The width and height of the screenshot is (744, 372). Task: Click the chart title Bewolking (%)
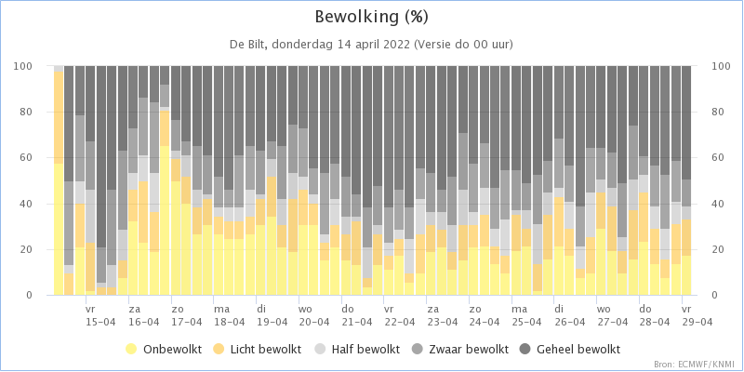[371, 18]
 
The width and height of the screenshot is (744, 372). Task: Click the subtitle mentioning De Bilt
[371, 45]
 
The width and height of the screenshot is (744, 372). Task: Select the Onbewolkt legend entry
[164, 351]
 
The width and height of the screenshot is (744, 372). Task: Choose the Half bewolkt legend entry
[359, 351]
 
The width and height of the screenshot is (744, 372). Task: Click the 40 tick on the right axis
[717, 204]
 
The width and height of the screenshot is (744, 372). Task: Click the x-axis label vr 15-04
[100, 315]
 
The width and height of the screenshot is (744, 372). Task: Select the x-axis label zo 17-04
[186, 315]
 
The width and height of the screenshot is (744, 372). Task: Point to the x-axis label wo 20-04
[313, 315]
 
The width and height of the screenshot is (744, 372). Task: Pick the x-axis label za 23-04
[443, 315]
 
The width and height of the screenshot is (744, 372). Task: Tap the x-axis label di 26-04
[570, 315]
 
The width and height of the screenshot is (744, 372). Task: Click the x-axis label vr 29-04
[697, 315]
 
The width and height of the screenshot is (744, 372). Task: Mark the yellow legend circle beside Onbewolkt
[131, 351]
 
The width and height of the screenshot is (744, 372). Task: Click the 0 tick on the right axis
[714, 296]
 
